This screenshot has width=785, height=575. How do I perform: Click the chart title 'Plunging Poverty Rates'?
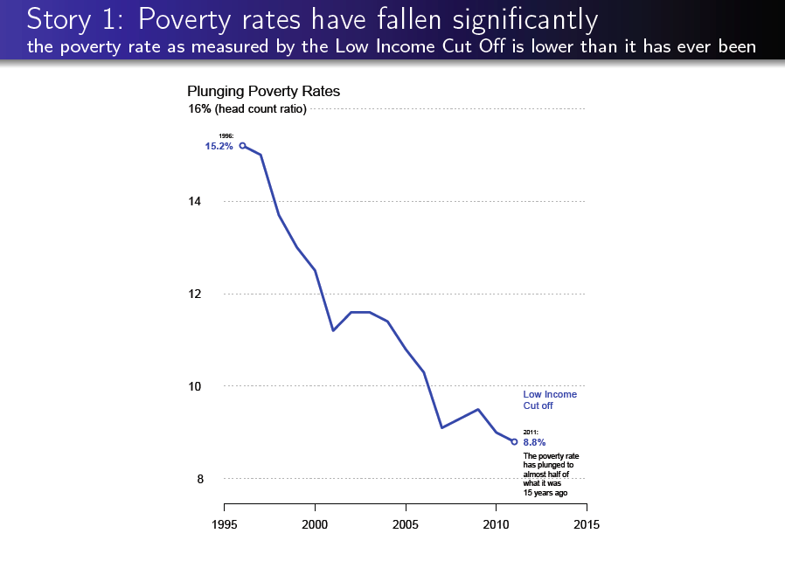coord(263,92)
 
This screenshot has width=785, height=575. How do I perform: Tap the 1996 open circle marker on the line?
coord(242,146)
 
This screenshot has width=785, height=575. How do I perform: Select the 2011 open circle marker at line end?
coord(514,441)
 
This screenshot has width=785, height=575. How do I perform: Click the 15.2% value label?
coord(219,147)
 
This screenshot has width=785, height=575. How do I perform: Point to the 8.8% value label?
coord(534,442)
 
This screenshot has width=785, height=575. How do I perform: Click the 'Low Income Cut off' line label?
coord(549,400)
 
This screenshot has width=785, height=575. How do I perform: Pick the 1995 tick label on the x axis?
coord(224,524)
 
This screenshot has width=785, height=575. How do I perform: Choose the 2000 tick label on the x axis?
coord(315,524)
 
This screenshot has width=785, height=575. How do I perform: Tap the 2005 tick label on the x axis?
coord(406,524)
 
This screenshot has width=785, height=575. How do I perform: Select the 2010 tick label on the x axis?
coord(496,524)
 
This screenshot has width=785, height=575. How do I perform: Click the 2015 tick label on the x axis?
coord(587,524)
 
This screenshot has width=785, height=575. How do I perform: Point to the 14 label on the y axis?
coord(195,202)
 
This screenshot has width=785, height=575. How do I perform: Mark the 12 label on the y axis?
coord(195,294)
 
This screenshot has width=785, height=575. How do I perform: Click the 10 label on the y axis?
coord(195,386)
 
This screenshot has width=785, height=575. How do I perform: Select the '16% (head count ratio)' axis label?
coord(247,109)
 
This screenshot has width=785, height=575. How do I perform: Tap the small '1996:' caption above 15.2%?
coord(226,136)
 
